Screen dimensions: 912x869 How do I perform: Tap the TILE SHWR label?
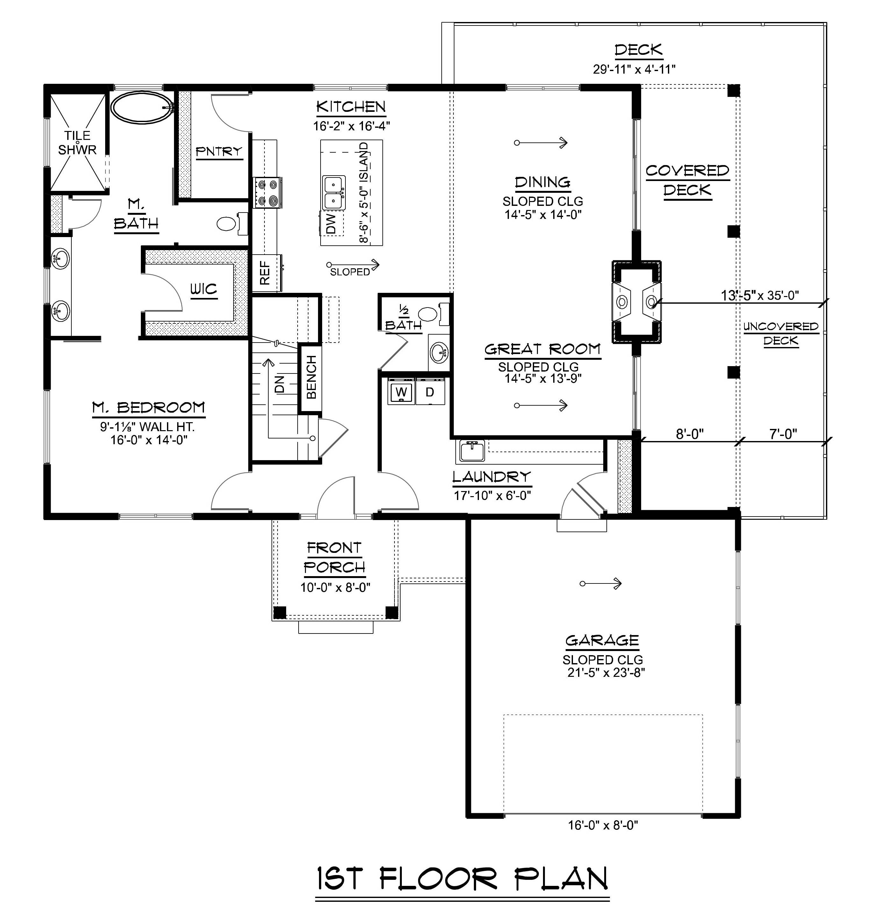[77, 143]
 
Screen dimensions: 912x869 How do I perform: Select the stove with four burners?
[267, 192]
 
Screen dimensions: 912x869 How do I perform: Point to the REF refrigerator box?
[265, 272]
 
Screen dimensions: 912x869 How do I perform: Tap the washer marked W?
[401, 392]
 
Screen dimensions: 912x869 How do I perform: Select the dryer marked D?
[430, 392]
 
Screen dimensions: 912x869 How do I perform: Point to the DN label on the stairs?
[279, 384]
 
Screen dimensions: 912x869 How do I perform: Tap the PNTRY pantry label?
[219, 151]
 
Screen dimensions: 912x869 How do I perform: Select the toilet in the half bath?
[430, 314]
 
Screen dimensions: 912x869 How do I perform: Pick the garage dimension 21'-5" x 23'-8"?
[606, 672]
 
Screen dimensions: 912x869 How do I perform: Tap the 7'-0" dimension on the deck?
[783, 434]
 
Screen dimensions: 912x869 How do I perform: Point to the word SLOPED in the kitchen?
[350, 272]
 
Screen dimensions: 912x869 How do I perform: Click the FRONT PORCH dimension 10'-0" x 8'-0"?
[335, 587]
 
